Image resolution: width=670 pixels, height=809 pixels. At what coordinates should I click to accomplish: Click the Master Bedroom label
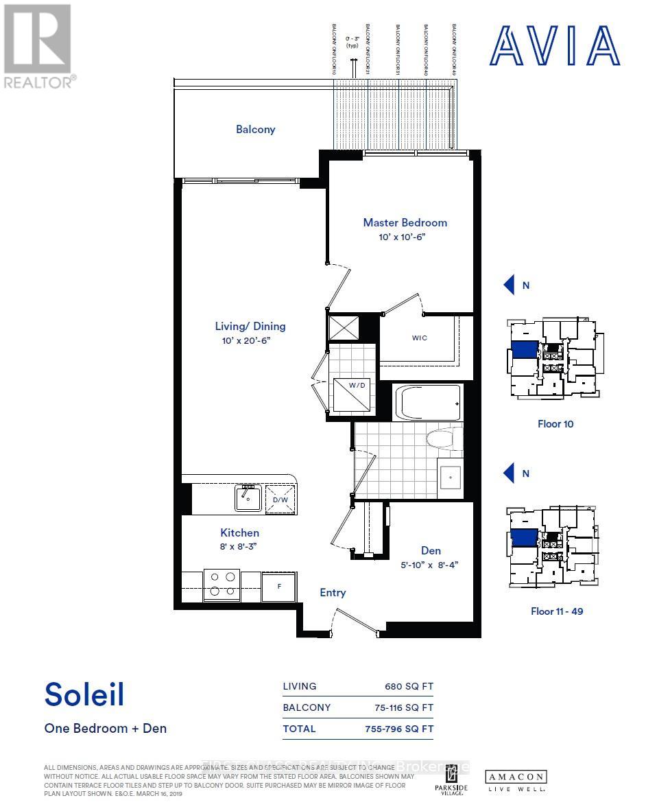(405, 222)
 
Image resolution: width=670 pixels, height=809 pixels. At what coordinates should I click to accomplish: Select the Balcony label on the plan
(255, 129)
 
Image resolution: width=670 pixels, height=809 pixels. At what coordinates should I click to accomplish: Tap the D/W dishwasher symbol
(280, 498)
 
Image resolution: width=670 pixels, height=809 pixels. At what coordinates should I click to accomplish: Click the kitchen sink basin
(247, 499)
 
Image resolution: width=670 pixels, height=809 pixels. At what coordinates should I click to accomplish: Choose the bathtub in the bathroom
(427, 403)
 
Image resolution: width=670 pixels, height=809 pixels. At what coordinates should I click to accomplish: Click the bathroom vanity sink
(451, 475)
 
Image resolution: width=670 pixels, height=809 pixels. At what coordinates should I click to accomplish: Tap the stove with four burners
(222, 584)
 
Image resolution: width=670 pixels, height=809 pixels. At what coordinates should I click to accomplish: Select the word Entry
(333, 593)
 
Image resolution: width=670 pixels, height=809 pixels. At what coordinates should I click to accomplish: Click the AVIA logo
(555, 45)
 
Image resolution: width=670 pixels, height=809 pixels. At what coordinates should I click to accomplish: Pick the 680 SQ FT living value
(409, 686)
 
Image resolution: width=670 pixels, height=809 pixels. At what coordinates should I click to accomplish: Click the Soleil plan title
(84, 694)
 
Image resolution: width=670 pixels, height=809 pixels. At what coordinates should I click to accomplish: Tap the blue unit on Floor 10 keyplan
(525, 349)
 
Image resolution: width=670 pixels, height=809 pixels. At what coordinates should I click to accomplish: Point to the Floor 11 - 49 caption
(557, 611)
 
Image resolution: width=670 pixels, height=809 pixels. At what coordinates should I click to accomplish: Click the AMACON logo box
(516, 777)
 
